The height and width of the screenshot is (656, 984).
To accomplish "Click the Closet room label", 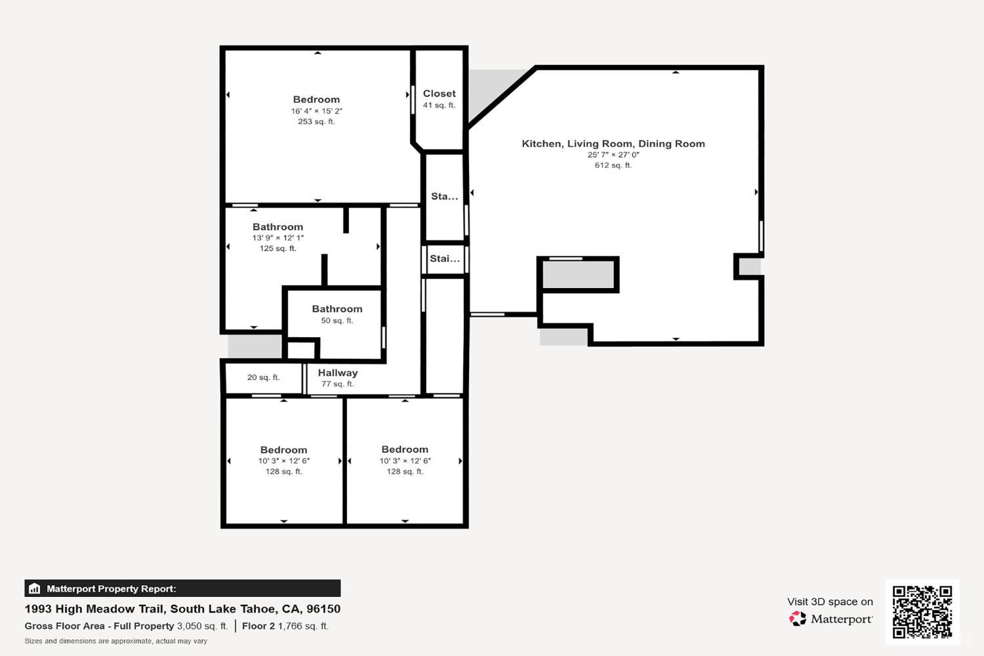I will (x=439, y=94).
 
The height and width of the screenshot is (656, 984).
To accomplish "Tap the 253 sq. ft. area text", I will (x=316, y=121).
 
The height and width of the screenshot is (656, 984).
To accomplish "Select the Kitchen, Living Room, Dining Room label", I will (x=613, y=144).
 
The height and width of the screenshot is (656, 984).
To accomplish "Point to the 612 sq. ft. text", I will (x=613, y=165).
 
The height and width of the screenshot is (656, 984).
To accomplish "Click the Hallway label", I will (x=337, y=373).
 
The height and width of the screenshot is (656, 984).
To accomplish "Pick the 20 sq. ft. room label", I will (x=263, y=377).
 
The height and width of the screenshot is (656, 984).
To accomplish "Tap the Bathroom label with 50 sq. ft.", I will (x=337, y=309).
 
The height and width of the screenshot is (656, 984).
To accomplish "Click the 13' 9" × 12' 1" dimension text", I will (x=277, y=238).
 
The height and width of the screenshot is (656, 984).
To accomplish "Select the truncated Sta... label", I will (x=444, y=196).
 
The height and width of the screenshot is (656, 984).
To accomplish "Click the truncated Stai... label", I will (x=444, y=258).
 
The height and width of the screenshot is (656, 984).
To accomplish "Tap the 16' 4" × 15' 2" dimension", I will (x=316, y=111).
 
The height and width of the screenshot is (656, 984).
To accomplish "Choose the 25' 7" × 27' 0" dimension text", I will (x=613, y=155).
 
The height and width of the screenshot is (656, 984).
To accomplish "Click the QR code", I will (x=922, y=611).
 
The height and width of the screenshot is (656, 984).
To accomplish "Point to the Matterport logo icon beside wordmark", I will (x=798, y=619).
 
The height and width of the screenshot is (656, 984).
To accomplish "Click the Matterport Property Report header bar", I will (x=182, y=588).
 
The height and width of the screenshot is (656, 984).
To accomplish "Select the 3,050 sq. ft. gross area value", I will (x=202, y=626).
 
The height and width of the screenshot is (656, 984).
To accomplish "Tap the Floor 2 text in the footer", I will (x=258, y=626).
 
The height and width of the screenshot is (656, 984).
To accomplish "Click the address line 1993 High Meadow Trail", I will (x=182, y=609).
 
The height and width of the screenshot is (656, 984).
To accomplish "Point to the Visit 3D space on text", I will (x=830, y=602).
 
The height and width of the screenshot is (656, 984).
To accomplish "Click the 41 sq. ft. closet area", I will (x=439, y=105).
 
